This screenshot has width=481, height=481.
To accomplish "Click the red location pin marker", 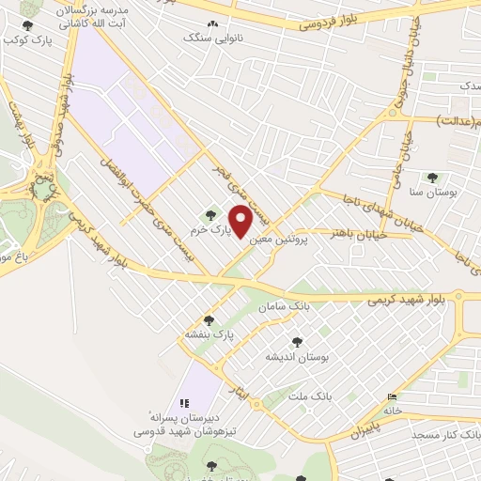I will click(x=240, y=222).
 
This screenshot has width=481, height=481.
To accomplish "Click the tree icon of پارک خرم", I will click(x=210, y=216).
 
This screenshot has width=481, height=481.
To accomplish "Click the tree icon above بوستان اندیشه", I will click(x=298, y=343).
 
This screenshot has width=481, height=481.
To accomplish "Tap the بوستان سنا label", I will click(x=433, y=191).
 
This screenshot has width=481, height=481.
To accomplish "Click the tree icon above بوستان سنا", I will click(x=432, y=178).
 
